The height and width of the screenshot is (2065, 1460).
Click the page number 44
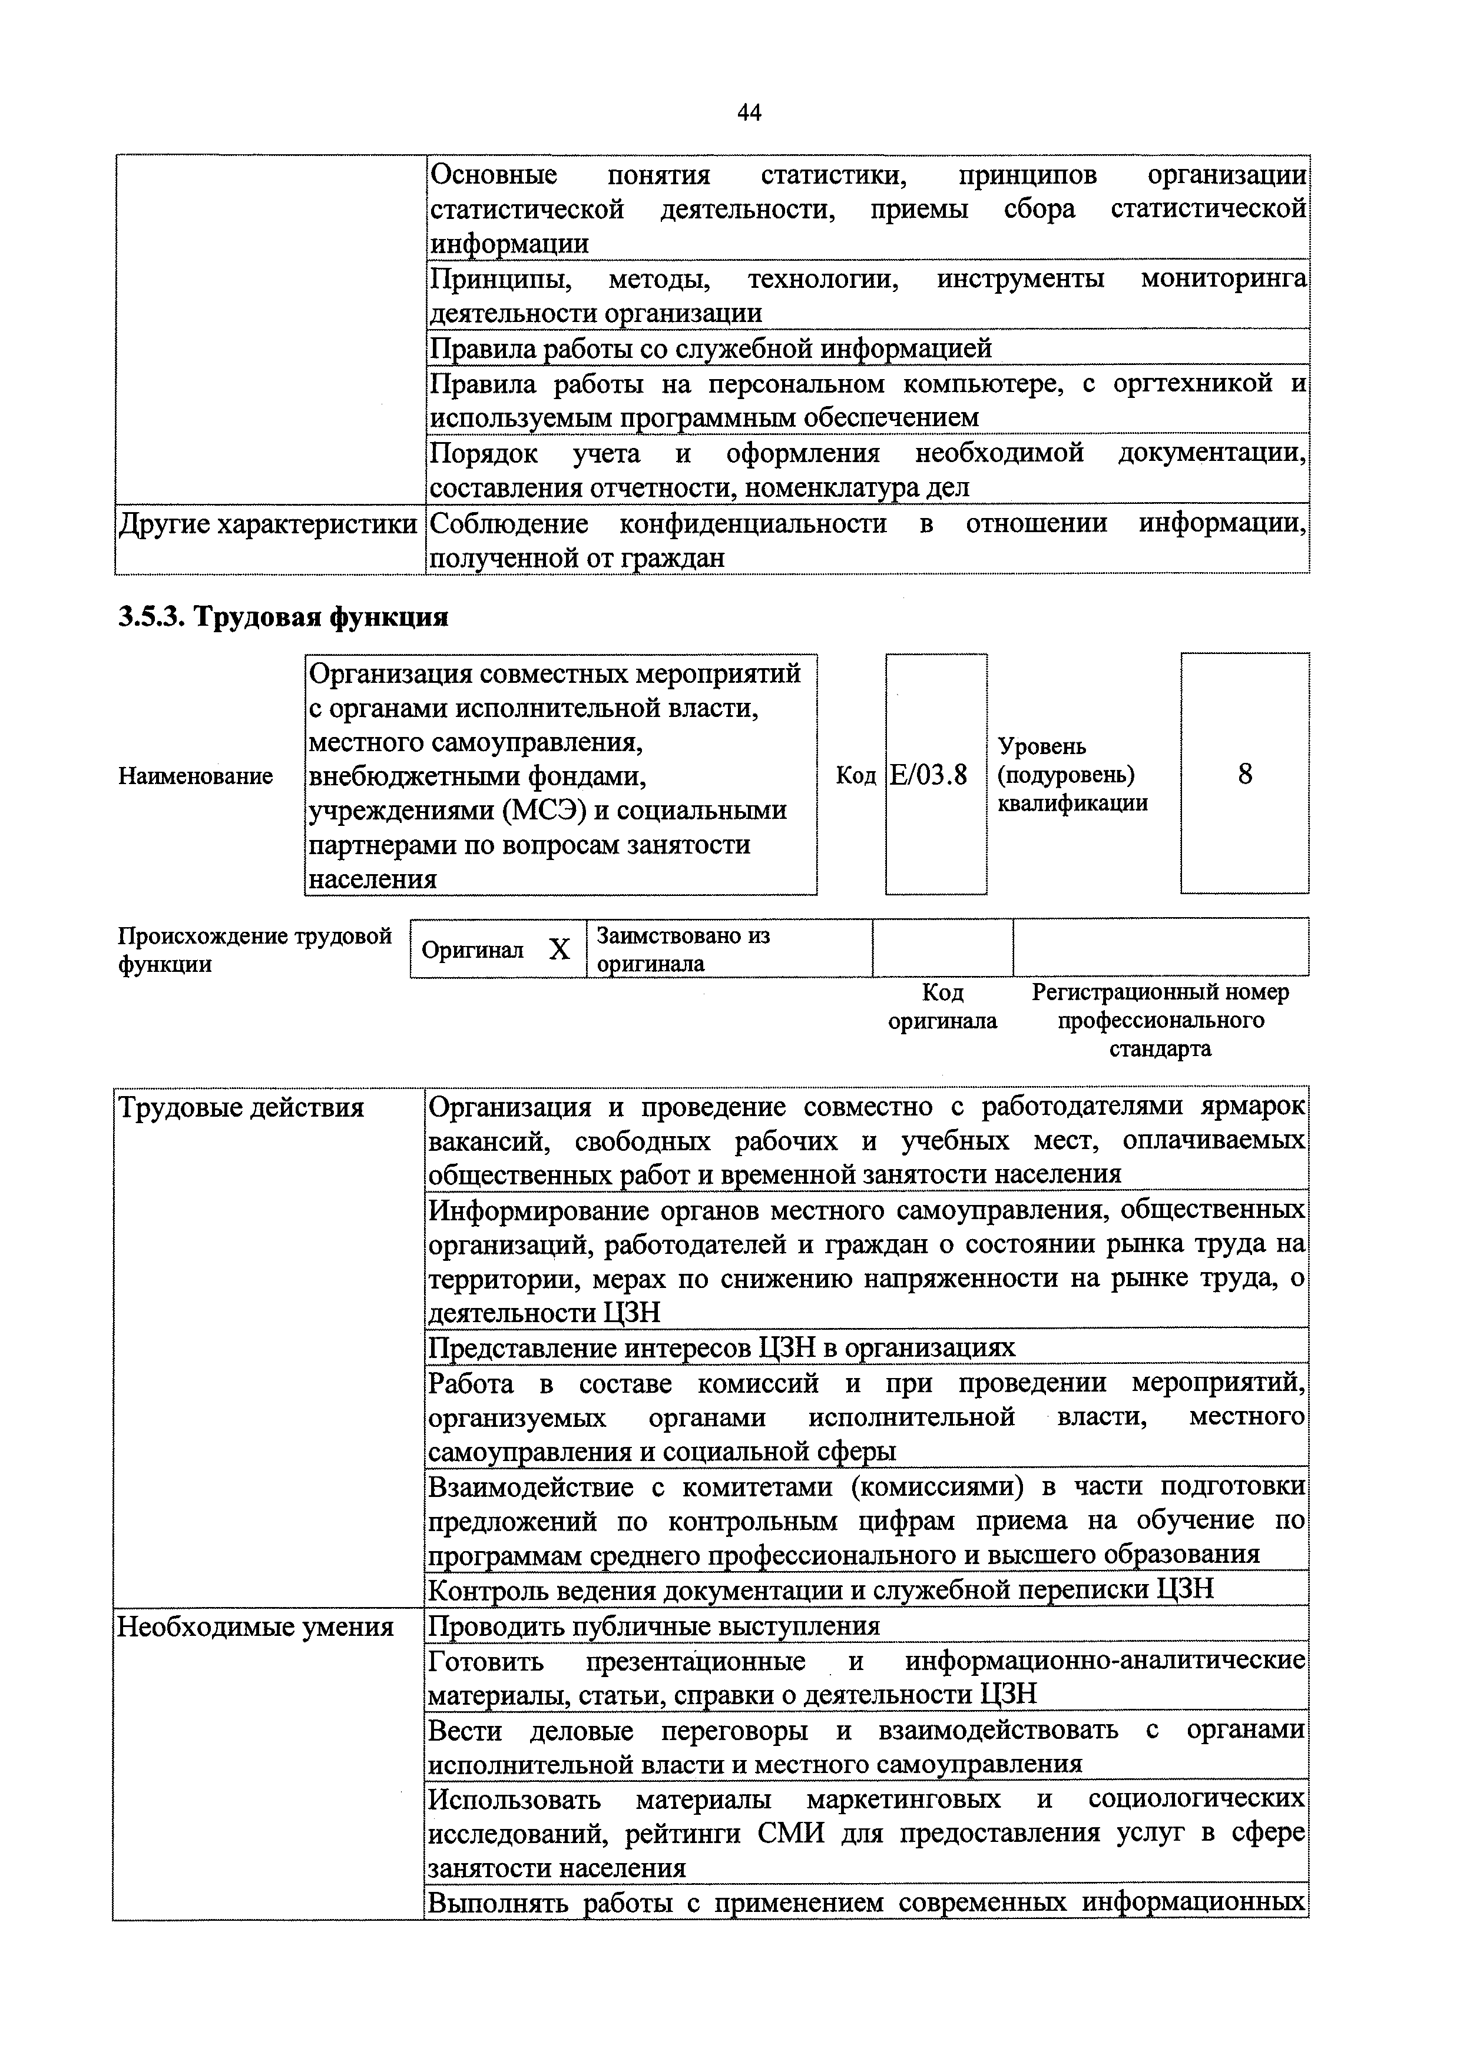pyautogui.click(x=749, y=112)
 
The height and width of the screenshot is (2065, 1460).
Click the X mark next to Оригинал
pyautogui.click(x=559, y=949)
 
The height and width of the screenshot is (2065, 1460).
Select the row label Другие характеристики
pyautogui.click(x=268, y=524)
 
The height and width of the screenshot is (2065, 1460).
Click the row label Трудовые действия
pyautogui.click(x=241, y=1107)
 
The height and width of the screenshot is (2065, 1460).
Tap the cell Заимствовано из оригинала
pyautogui.click(x=684, y=949)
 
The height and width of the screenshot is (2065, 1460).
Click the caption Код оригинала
pyautogui.click(x=942, y=1007)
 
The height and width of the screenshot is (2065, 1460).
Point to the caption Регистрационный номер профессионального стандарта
pyautogui.click(x=1160, y=1020)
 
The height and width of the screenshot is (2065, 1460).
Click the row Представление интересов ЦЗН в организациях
pyautogui.click(x=721, y=1347)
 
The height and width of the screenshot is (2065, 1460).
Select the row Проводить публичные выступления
pyautogui.click(x=654, y=1626)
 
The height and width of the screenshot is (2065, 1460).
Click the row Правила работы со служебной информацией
pyautogui.click(x=711, y=348)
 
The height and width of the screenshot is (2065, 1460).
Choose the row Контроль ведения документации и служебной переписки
pyautogui.click(x=820, y=1589)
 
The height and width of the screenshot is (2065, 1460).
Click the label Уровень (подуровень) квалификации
pyautogui.click(x=1072, y=775)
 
